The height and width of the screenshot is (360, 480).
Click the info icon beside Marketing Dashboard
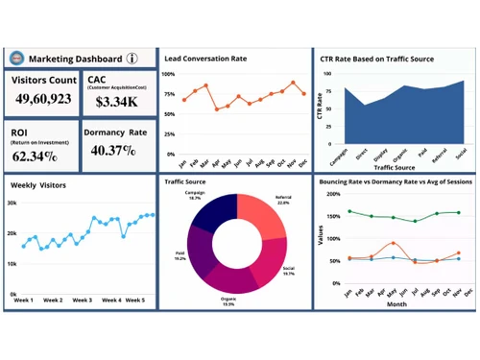(x=132, y=58)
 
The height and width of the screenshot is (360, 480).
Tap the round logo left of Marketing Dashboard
(x=16, y=58)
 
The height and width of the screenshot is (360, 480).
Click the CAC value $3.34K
(x=116, y=102)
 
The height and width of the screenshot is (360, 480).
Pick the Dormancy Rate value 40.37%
(x=113, y=151)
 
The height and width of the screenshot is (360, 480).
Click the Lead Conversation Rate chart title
(x=205, y=59)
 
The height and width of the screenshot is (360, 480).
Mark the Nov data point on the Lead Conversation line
(x=294, y=84)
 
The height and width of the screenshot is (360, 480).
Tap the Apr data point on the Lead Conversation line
(x=218, y=109)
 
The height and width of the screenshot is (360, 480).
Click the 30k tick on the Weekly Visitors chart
(x=12, y=203)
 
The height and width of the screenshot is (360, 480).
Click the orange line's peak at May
(x=393, y=243)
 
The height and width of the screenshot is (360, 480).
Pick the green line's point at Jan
(x=348, y=211)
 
